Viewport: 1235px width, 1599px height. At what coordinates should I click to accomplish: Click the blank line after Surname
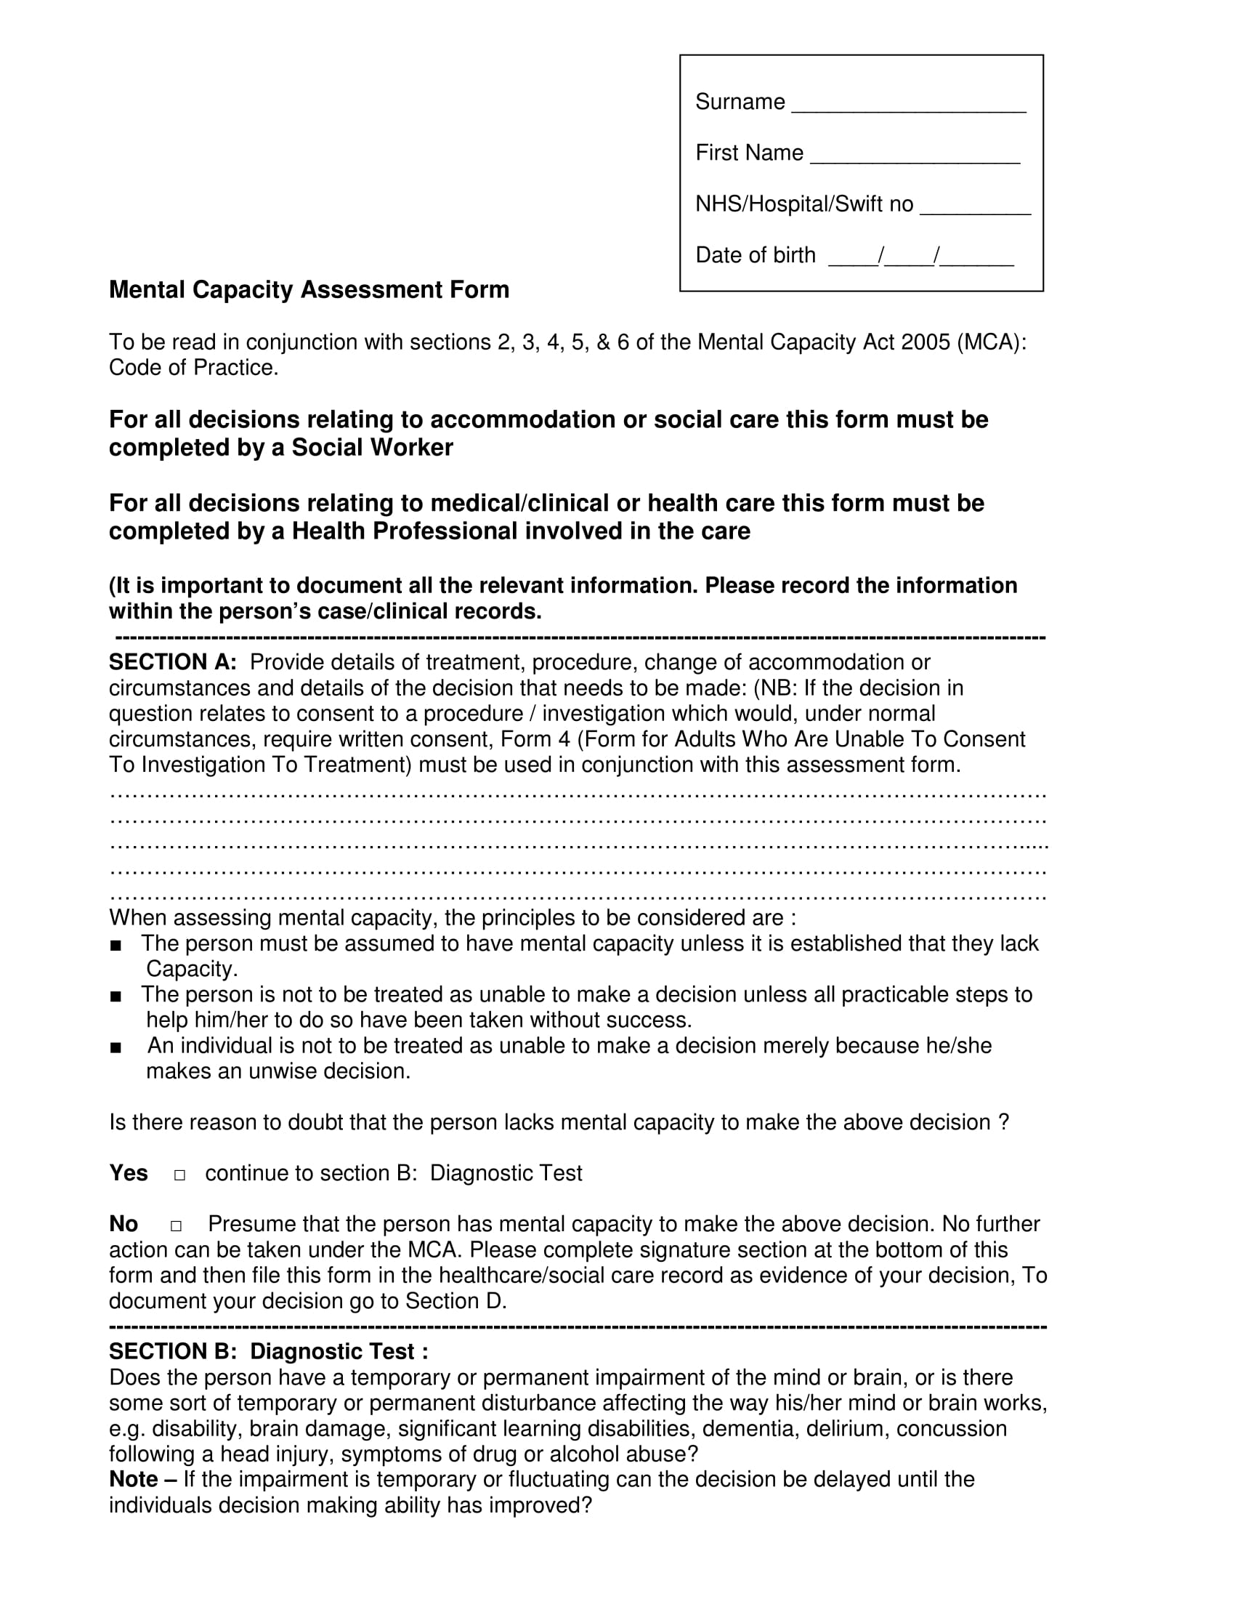click(909, 108)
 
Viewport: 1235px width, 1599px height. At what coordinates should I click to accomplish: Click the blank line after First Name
click(915, 160)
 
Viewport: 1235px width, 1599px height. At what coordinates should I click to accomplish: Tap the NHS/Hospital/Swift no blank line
click(974, 211)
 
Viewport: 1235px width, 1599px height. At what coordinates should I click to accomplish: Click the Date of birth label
click(755, 255)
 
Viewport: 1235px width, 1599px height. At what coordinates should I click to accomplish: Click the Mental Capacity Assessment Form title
click(309, 290)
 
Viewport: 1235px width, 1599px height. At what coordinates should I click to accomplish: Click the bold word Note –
click(142, 1480)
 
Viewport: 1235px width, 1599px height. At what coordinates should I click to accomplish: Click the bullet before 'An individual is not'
click(116, 1047)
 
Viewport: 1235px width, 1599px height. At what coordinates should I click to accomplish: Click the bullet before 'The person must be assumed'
click(116, 945)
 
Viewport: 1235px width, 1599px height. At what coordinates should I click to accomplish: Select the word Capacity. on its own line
click(192, 970)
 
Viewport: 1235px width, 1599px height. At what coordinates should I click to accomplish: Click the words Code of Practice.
click(193, 368)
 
